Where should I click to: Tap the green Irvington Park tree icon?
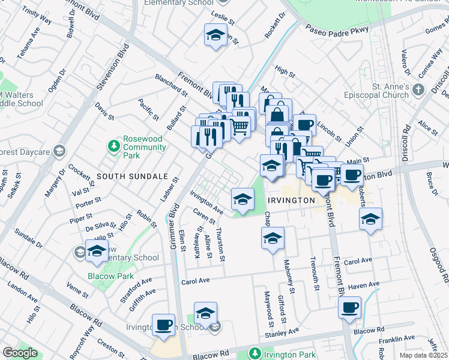(x=256, y=353)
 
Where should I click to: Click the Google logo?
(x=20, y=352)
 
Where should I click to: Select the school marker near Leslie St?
(x=215, y=35)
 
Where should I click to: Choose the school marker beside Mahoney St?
(x=273, y=238)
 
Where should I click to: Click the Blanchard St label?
(x=171, y=84)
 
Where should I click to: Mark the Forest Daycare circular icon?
(x=59, y=151)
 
